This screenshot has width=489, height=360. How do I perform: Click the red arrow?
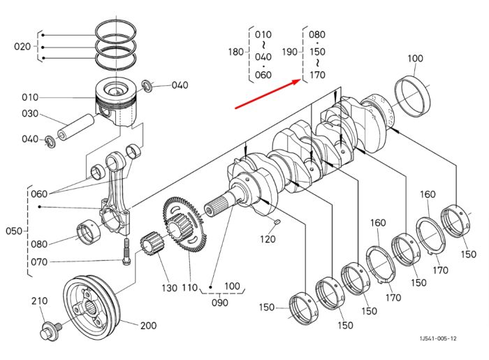tap(268, 94)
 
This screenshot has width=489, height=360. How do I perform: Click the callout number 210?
tap(39, 301)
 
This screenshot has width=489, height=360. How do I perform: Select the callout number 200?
tap(148, 326)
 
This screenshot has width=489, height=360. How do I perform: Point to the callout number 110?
tap(189, 287)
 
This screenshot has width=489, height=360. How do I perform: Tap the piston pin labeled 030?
tap(75, 127)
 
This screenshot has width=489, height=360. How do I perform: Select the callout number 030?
tap(30, 113)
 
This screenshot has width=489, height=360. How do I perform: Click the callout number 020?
tap(22, 47)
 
